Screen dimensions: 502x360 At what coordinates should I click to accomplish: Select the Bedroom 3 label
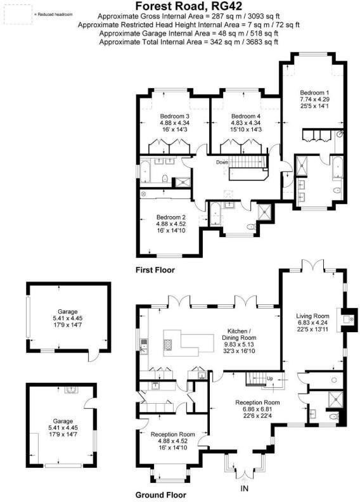[x=174, y=117]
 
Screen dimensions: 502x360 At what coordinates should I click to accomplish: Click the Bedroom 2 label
[x=171, y=217]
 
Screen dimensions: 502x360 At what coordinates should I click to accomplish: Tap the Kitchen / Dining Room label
[x=241, y=334]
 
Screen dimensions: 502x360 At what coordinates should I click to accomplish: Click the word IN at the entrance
[x=244, y=489]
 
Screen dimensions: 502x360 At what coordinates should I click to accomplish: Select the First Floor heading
[x=155, y=270]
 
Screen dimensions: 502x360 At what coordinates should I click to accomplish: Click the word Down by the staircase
[x=221, y=162]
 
